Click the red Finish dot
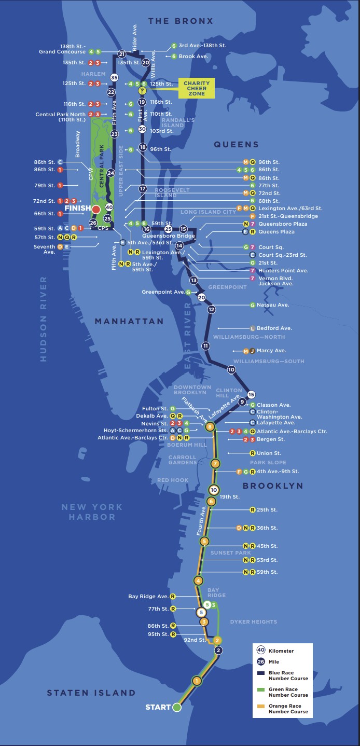[x=96, y=209]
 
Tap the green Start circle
[x=176, y=707]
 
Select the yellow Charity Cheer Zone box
[x=197, y=88]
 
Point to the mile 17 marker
[x=143, y=189]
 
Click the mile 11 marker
[x=206, y=346]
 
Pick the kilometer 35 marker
[x=115, y=77]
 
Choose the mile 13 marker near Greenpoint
[x=194, y=280]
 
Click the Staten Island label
[x=91, y=693]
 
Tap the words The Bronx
[x=180, y=21]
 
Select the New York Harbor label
[x=92, y=512]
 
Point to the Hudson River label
[x=43, y=319]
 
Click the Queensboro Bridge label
[x=161, y=236]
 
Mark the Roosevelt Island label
[x=173, y=193]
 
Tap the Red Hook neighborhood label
[x=173, y=480]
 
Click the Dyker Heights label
[x=254, y=621]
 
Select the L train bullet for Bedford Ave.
[x=253, y=328]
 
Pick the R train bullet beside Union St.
[x=253, y=453]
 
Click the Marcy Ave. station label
[x=271, y=351]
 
